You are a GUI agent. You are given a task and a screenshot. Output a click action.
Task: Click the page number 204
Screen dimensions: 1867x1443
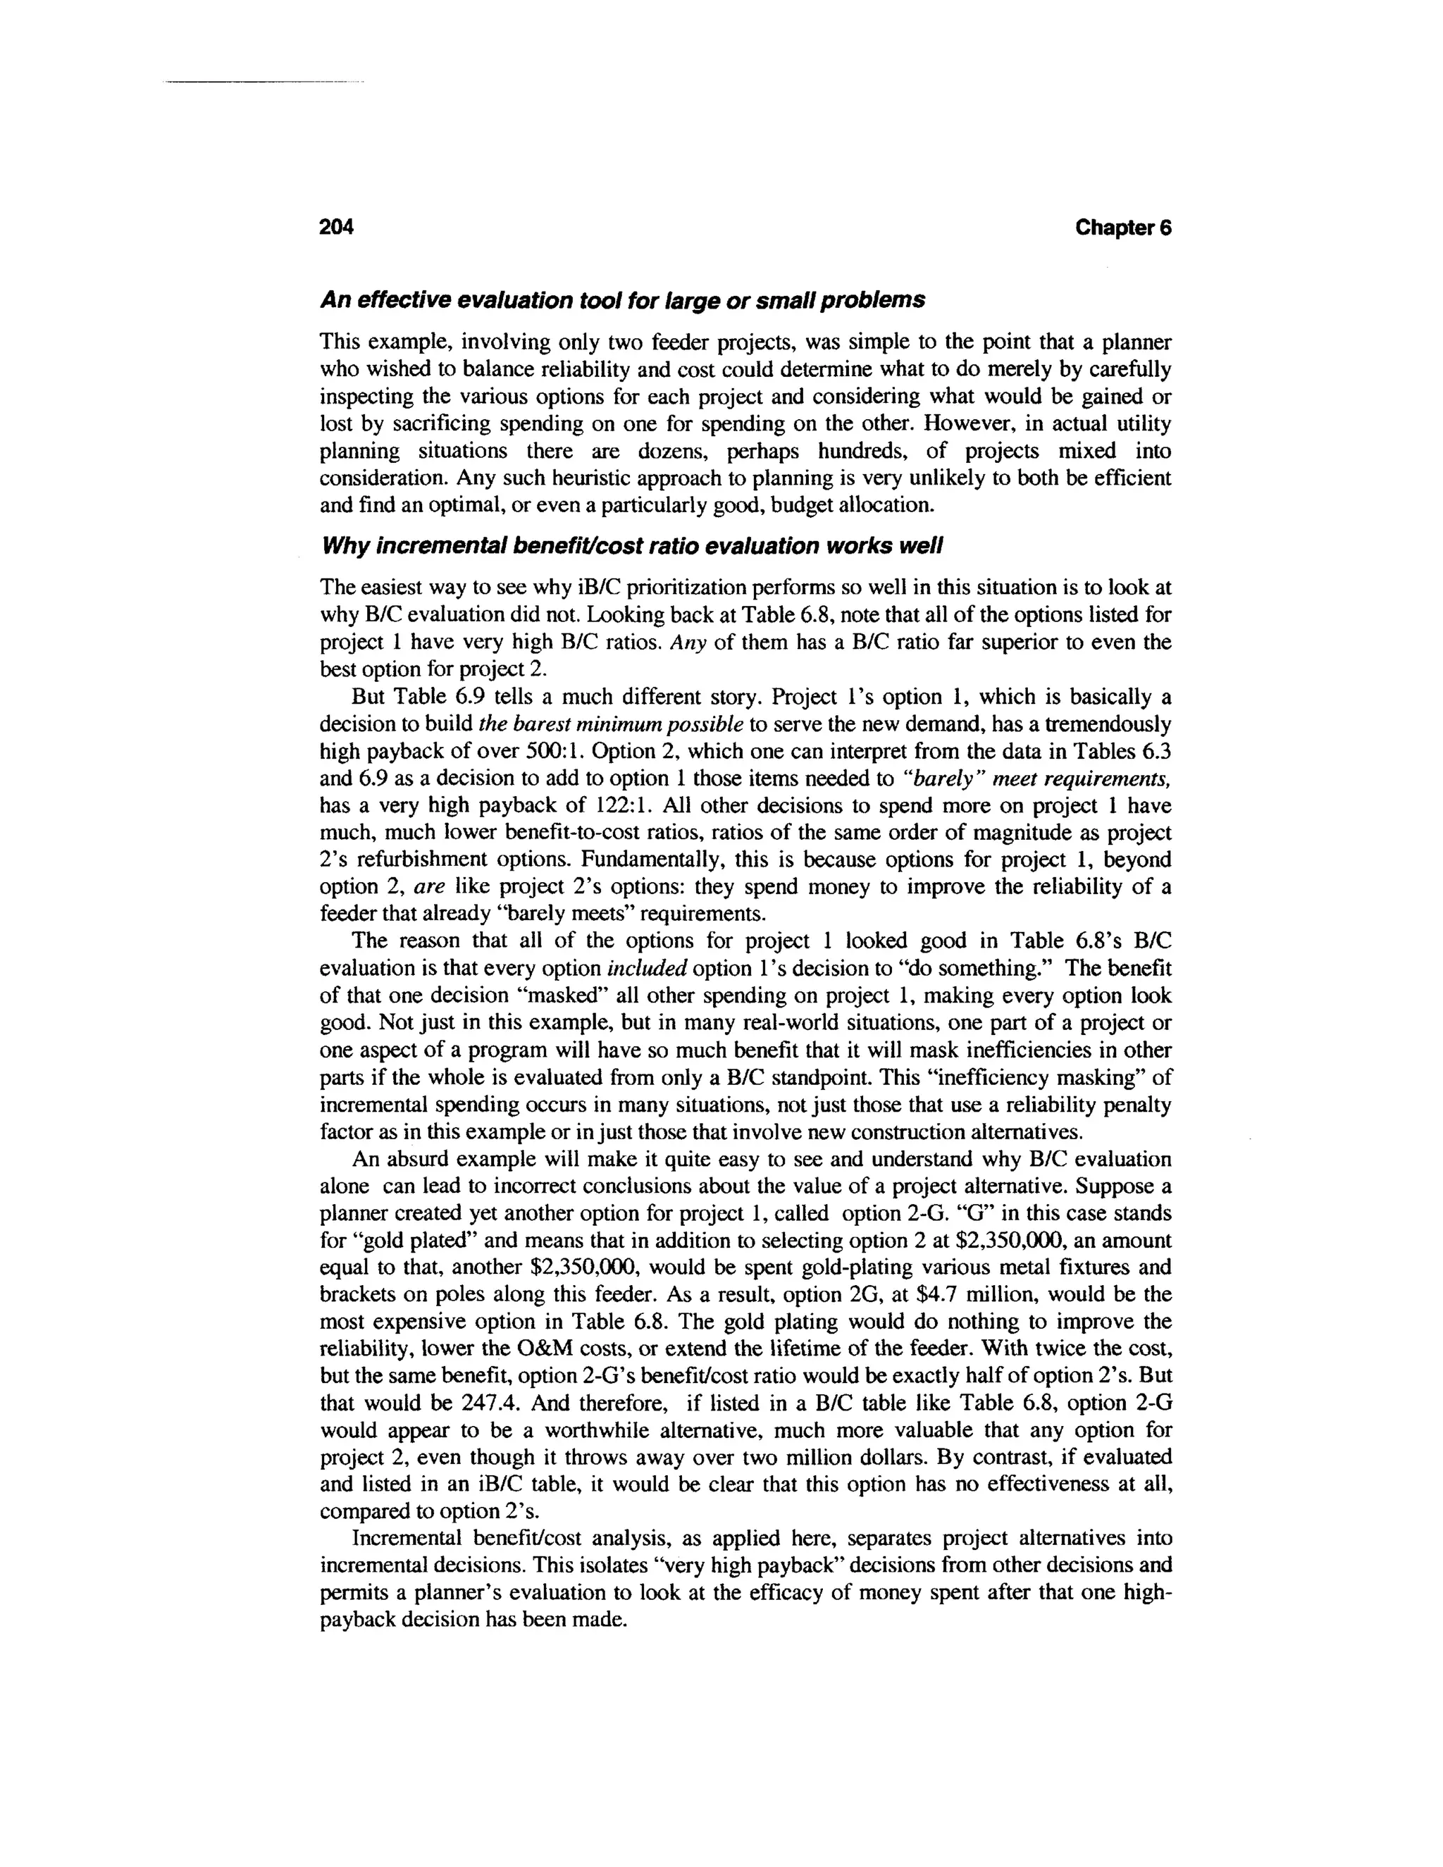coord(336,228)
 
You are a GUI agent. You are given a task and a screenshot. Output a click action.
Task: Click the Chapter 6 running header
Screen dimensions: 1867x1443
coord(1122,228)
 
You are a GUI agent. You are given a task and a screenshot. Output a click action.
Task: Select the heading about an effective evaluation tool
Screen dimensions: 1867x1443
coord(622,300)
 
